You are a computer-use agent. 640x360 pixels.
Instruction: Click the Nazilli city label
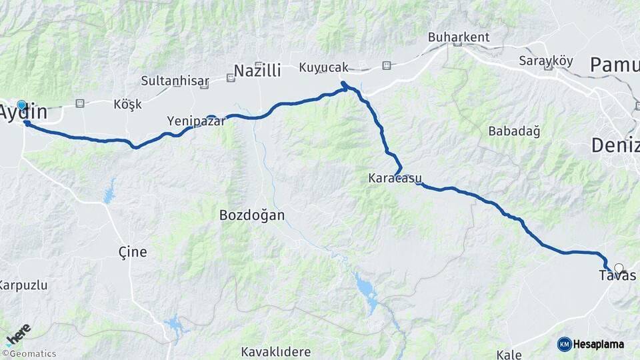tap(257, 70)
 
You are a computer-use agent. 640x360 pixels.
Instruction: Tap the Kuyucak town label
tap(324, 67)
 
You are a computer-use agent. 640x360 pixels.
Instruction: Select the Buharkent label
tap(459, 37)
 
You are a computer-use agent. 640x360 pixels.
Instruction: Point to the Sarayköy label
tap(546, 60)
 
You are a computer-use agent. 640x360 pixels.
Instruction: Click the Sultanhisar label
tap(175, 81)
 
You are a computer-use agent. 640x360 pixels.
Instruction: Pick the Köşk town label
tap(128, 105)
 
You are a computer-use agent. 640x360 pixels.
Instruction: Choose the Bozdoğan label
tap(252, 215)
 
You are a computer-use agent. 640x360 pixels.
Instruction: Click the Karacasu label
tap(393, 179)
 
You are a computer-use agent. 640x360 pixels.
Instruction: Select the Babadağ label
tap(514, 131)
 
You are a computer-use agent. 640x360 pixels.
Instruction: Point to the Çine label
tap(132, 252)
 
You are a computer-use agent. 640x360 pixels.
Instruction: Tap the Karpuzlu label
tap(23, 285)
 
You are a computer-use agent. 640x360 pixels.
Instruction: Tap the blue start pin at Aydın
tap(21, 106)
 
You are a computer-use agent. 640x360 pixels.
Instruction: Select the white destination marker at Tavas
tap(619, 269)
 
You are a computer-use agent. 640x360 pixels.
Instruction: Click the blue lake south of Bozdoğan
tap(365, 288)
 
